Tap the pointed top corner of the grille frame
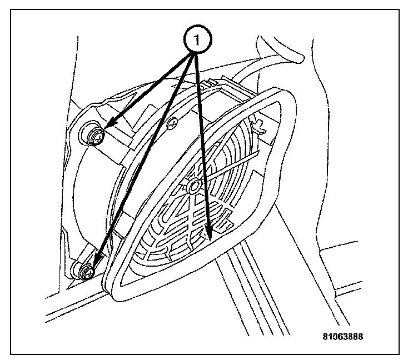point(278,91)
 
